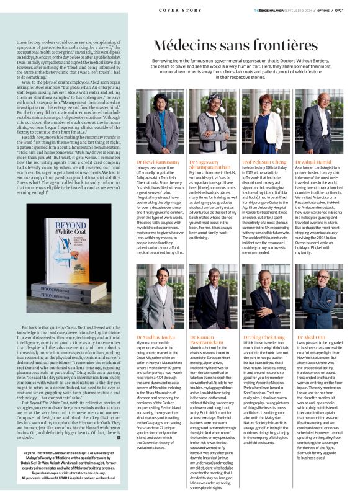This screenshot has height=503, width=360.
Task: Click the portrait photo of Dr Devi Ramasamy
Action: [158, 123]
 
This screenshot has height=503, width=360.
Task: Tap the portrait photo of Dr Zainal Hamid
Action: [319, 123]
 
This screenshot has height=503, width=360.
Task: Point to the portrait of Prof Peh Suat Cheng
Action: [266, 123]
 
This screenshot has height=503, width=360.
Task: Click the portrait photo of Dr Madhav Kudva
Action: [158, 297]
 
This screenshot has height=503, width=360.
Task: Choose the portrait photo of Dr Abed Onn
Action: [319, 297]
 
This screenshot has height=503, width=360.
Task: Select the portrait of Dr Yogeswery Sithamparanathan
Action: [212, 123]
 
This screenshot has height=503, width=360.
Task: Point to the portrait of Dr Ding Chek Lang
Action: [266, 297]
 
